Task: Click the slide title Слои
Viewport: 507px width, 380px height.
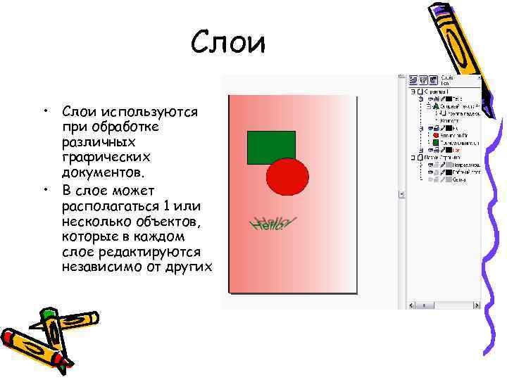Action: click(x=229, y=44)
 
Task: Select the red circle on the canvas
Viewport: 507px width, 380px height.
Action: click(x=287, y=177)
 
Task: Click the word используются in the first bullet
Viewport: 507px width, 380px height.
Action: click(x=149, y=112)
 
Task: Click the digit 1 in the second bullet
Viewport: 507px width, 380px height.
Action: click(x=166, y=207)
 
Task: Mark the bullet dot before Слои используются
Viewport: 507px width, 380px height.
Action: click(x=44, y=112)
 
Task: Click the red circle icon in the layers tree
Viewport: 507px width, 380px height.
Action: click(x=436, y=134)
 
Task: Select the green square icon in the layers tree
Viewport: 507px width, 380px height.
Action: click(x=436, y=142)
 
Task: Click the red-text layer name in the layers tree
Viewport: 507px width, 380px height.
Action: click(x=456, y=150)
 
